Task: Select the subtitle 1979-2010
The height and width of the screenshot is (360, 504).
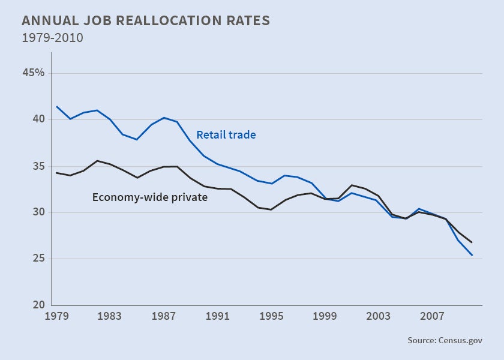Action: click(52, 38)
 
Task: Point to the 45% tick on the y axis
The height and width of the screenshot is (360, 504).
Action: click(34, 73)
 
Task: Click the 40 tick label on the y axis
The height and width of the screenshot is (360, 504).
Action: click(38, 119)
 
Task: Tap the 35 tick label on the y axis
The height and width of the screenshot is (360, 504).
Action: click(38, 166)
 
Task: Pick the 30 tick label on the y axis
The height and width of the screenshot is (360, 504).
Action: click(38, 212)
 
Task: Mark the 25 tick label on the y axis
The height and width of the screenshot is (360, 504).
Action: click(38, 259)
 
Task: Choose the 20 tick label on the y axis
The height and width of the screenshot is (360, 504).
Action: click(38, 305)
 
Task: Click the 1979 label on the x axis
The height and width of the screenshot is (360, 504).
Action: click(57, 316)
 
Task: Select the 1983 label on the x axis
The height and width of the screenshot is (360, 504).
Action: click(110, 316)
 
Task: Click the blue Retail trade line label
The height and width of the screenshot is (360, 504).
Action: click(226, 135)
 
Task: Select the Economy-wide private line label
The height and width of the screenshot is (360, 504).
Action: click(150, 197)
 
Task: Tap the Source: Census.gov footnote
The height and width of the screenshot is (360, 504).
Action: click(445, 340)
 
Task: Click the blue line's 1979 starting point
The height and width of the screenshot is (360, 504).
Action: click(57, 107)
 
